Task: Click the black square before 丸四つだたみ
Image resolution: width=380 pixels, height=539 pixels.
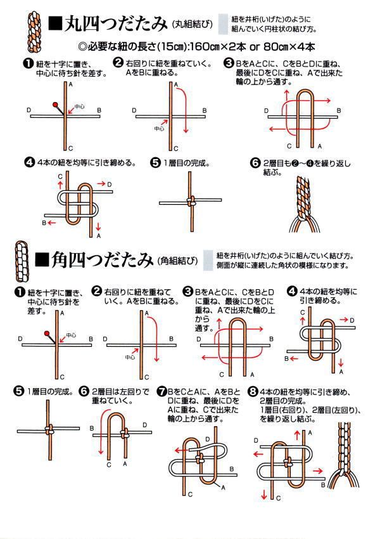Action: [x=55, y=23]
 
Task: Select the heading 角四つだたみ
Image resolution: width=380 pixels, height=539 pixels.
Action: [x=102, y=259]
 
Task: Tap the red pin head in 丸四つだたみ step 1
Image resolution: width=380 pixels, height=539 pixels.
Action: [x=55, y=104]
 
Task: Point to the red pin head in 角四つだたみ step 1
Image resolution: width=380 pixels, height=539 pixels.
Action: [x=47, y=333]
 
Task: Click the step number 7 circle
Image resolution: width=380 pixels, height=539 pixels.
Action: [x=161, y=392]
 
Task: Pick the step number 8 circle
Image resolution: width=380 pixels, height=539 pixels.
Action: [x=253, y=391]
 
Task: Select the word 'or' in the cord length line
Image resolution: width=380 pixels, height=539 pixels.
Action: [x=254, y=48]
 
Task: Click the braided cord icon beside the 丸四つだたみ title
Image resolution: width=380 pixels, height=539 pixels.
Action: [x=34, y=32]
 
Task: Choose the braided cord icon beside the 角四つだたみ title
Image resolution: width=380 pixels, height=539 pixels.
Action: [x=22, y=261]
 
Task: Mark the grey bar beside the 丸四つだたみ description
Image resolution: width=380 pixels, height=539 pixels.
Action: [x=223, y=23]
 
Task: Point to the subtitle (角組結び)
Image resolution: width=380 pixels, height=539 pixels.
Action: [x=178, y=261]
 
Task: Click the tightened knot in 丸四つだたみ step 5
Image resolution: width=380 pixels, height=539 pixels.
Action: [x=191, y=202]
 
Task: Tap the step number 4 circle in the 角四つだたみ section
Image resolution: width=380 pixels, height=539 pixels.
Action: [x=292, y=292]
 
